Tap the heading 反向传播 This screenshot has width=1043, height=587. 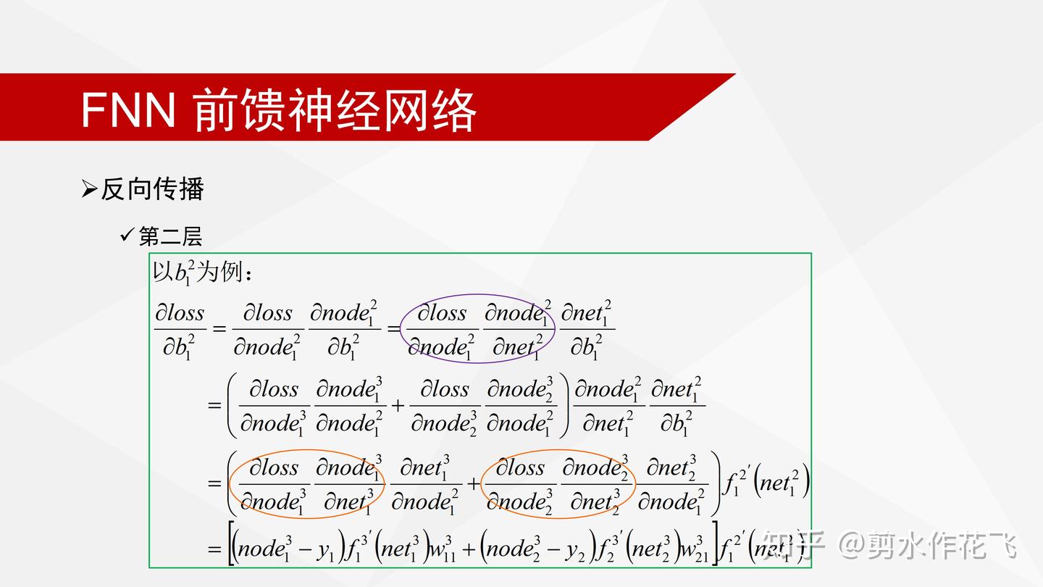(152, 189)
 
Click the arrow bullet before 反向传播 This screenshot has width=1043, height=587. (89, 190)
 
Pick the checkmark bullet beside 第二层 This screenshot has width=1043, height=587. (127, 235)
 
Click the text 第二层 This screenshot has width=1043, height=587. (170, 236)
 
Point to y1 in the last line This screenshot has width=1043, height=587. (326, 551)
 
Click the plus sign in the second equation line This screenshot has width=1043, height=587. (398, 405)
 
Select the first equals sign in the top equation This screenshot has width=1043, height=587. (219, 329)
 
